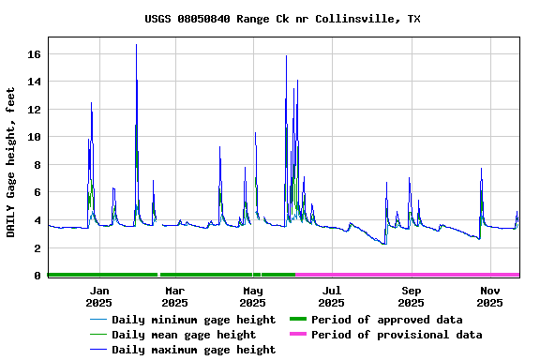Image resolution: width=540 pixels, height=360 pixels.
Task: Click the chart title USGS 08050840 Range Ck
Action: [x=282, y=19]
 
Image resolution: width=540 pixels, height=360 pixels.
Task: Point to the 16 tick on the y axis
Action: [x=36, y=54]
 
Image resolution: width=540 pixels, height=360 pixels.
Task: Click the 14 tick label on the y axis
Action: [x=36, y=82]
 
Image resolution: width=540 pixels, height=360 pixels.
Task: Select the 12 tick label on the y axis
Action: [x=36, y=110]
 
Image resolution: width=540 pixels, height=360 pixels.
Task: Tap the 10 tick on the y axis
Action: [x=36, y=137]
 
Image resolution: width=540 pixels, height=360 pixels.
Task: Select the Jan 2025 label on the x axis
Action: [x=98, y=296]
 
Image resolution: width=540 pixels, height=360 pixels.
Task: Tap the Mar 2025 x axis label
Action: [x=174, y=296]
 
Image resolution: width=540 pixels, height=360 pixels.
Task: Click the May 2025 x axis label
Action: [x=252, y=296]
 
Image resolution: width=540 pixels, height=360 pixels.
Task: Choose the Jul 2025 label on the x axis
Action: [x=331, y=296]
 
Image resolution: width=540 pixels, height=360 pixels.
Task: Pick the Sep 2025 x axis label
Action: [x=411, y=296]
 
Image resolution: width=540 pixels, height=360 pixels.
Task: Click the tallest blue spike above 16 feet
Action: [x=136, y=46]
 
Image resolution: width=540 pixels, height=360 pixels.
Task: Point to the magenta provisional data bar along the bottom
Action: [x=408, y=275]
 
